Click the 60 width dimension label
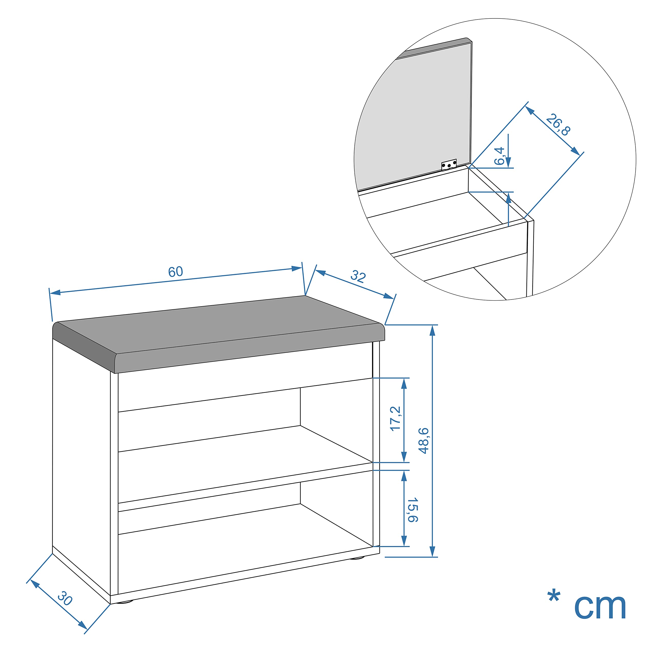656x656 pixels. pos(176,272)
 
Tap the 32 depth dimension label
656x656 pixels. pos(358,276)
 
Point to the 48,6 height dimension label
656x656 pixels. pos(424,440)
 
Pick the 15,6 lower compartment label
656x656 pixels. pos(413,510)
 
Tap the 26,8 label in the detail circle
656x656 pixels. pos(558,125)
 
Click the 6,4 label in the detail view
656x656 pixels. pos(499,156)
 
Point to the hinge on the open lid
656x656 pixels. pos(449,165)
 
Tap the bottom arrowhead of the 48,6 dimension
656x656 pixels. pos(432,551)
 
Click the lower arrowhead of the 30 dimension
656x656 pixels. pos(83,625)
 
